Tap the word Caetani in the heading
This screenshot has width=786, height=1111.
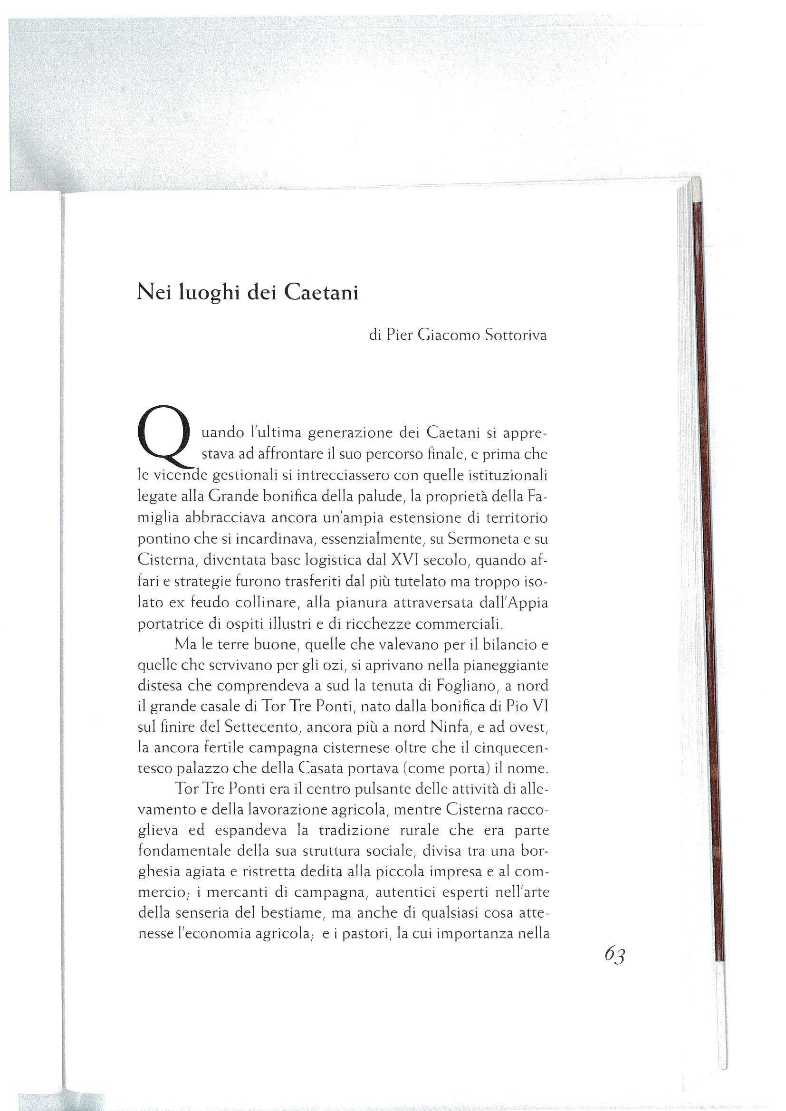[x=321, y=293]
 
